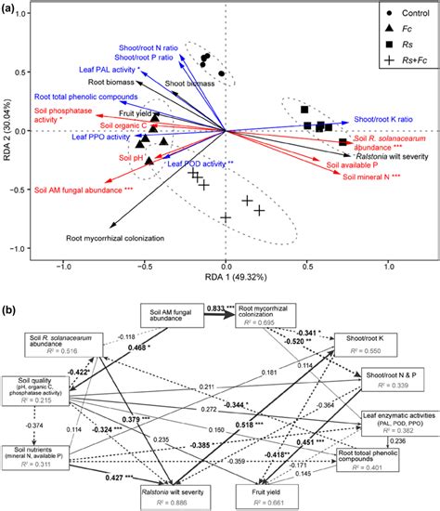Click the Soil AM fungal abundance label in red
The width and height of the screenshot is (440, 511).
point(77,190)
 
